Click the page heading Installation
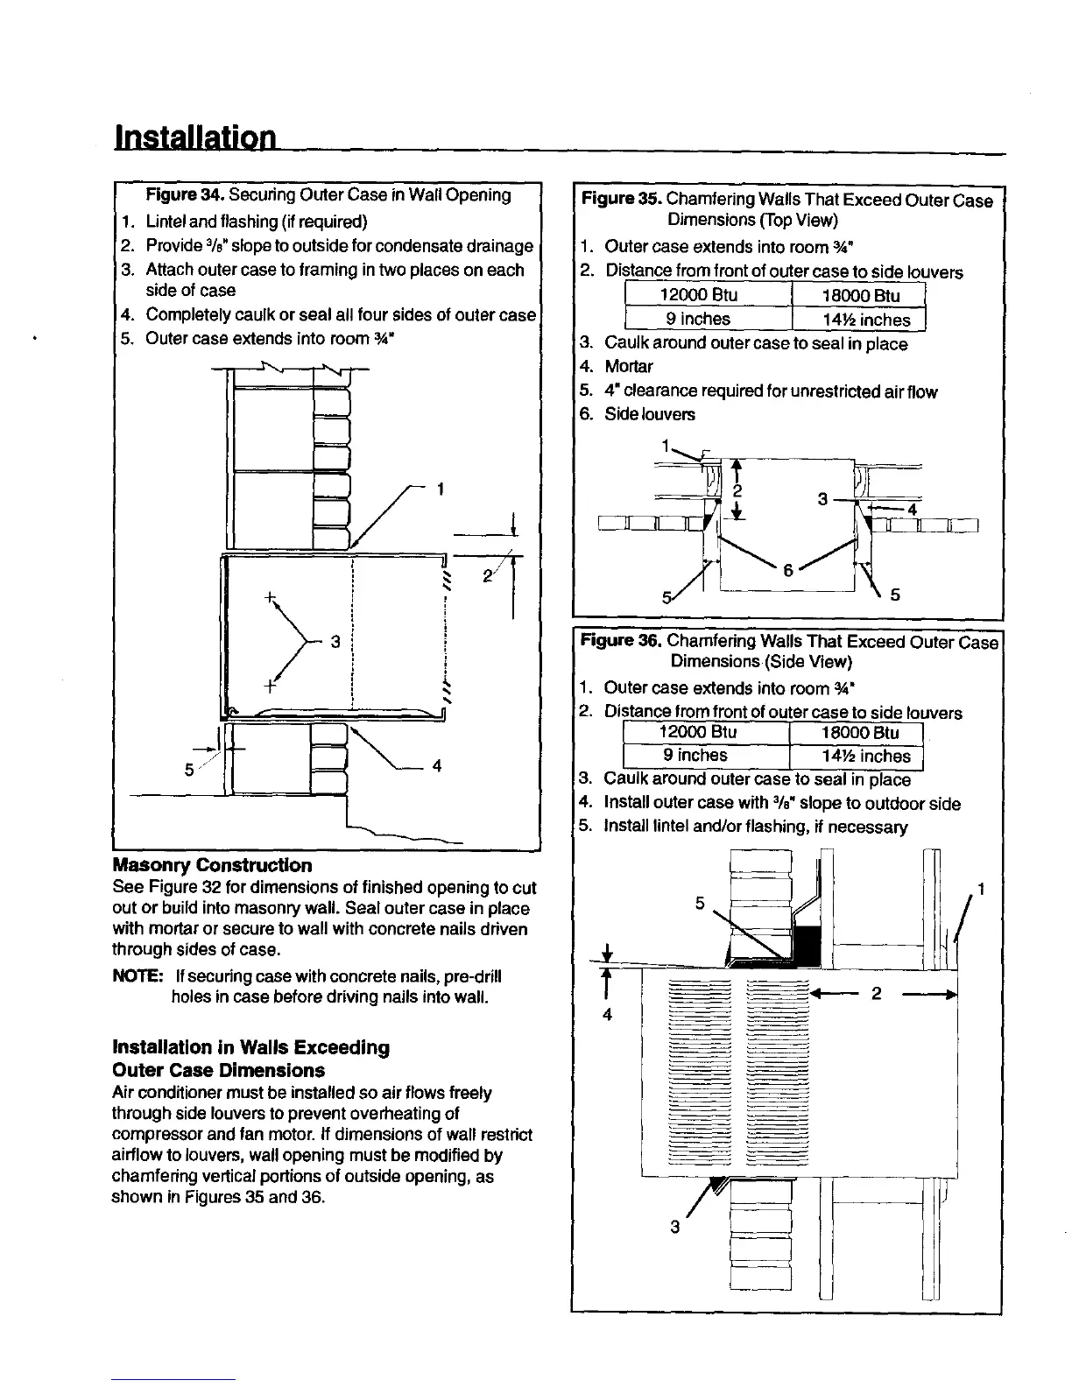pyautogui.click(x=195, y=137)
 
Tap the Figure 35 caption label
pyautogui.click(x=620, y=200)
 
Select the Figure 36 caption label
pyautogui.click(x=620, y=642)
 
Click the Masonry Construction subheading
pyautogui.click(x=212, y=865)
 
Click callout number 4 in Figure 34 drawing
pyautogui.click(x=436, y=766)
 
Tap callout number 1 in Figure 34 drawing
pyautogui.click(x=441, y=489)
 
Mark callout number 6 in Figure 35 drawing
pyautogui.click(x=788, y=570)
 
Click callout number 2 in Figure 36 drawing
pyautogui.click(x=876, y=994)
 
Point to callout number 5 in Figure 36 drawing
pyautogui.click(x=700, y=903)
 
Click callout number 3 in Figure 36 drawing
pyautogui.click(x=674, y=1227)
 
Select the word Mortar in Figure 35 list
pyautogui.click(x=628, y=367)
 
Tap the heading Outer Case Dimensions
pyautogui.click(x=218, y=1070)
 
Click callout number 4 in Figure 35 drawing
pyautogui.click(x=911, y=510)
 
